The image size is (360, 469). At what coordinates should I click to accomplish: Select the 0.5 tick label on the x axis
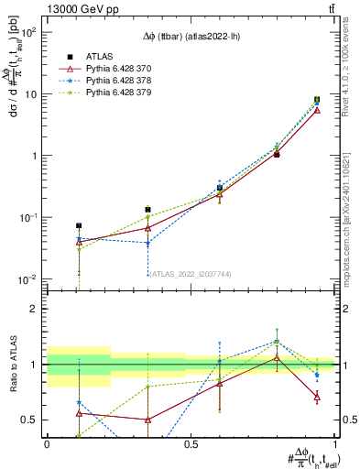pos(191,444)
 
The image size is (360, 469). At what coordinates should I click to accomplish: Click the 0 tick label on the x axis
pos(47,444)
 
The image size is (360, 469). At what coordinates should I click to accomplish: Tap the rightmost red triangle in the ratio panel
pos(317,397)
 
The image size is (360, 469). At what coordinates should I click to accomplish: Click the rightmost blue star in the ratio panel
pos(317,375)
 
